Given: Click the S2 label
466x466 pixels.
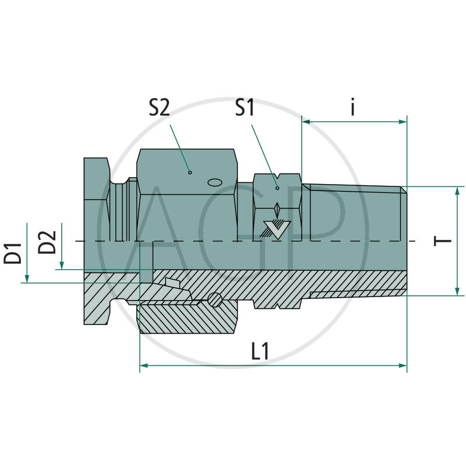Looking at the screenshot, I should point(158,108).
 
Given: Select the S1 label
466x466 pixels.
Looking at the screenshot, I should point(245,108).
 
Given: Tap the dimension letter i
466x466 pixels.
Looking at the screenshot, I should point(353,108).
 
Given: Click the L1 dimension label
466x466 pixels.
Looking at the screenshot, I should point(260,351).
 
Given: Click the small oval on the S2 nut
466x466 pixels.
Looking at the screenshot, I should point(214,182).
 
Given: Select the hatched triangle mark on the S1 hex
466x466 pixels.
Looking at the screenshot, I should point(275,230).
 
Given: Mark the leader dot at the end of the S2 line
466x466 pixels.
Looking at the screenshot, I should point(190,172).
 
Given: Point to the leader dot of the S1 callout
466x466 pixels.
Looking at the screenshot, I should point(277,188).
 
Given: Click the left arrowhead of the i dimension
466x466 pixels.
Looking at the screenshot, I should point(305,122).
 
